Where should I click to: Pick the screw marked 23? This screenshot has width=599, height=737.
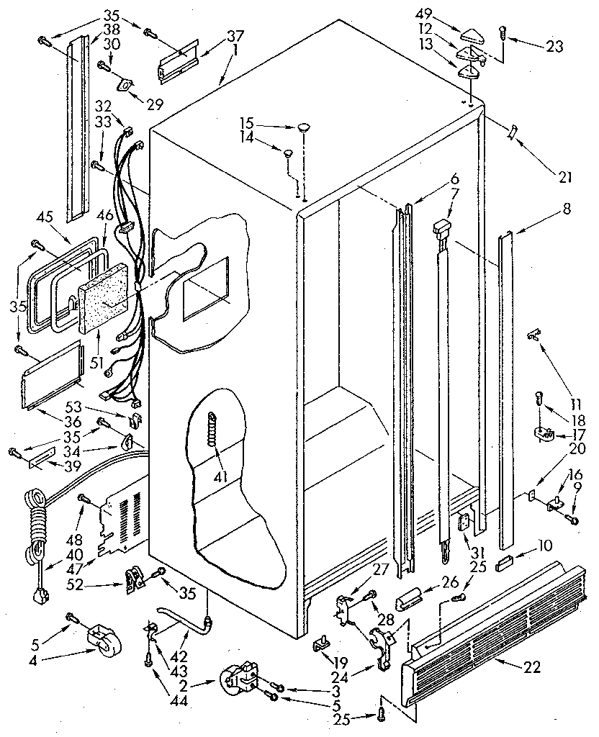click(503, 32)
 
